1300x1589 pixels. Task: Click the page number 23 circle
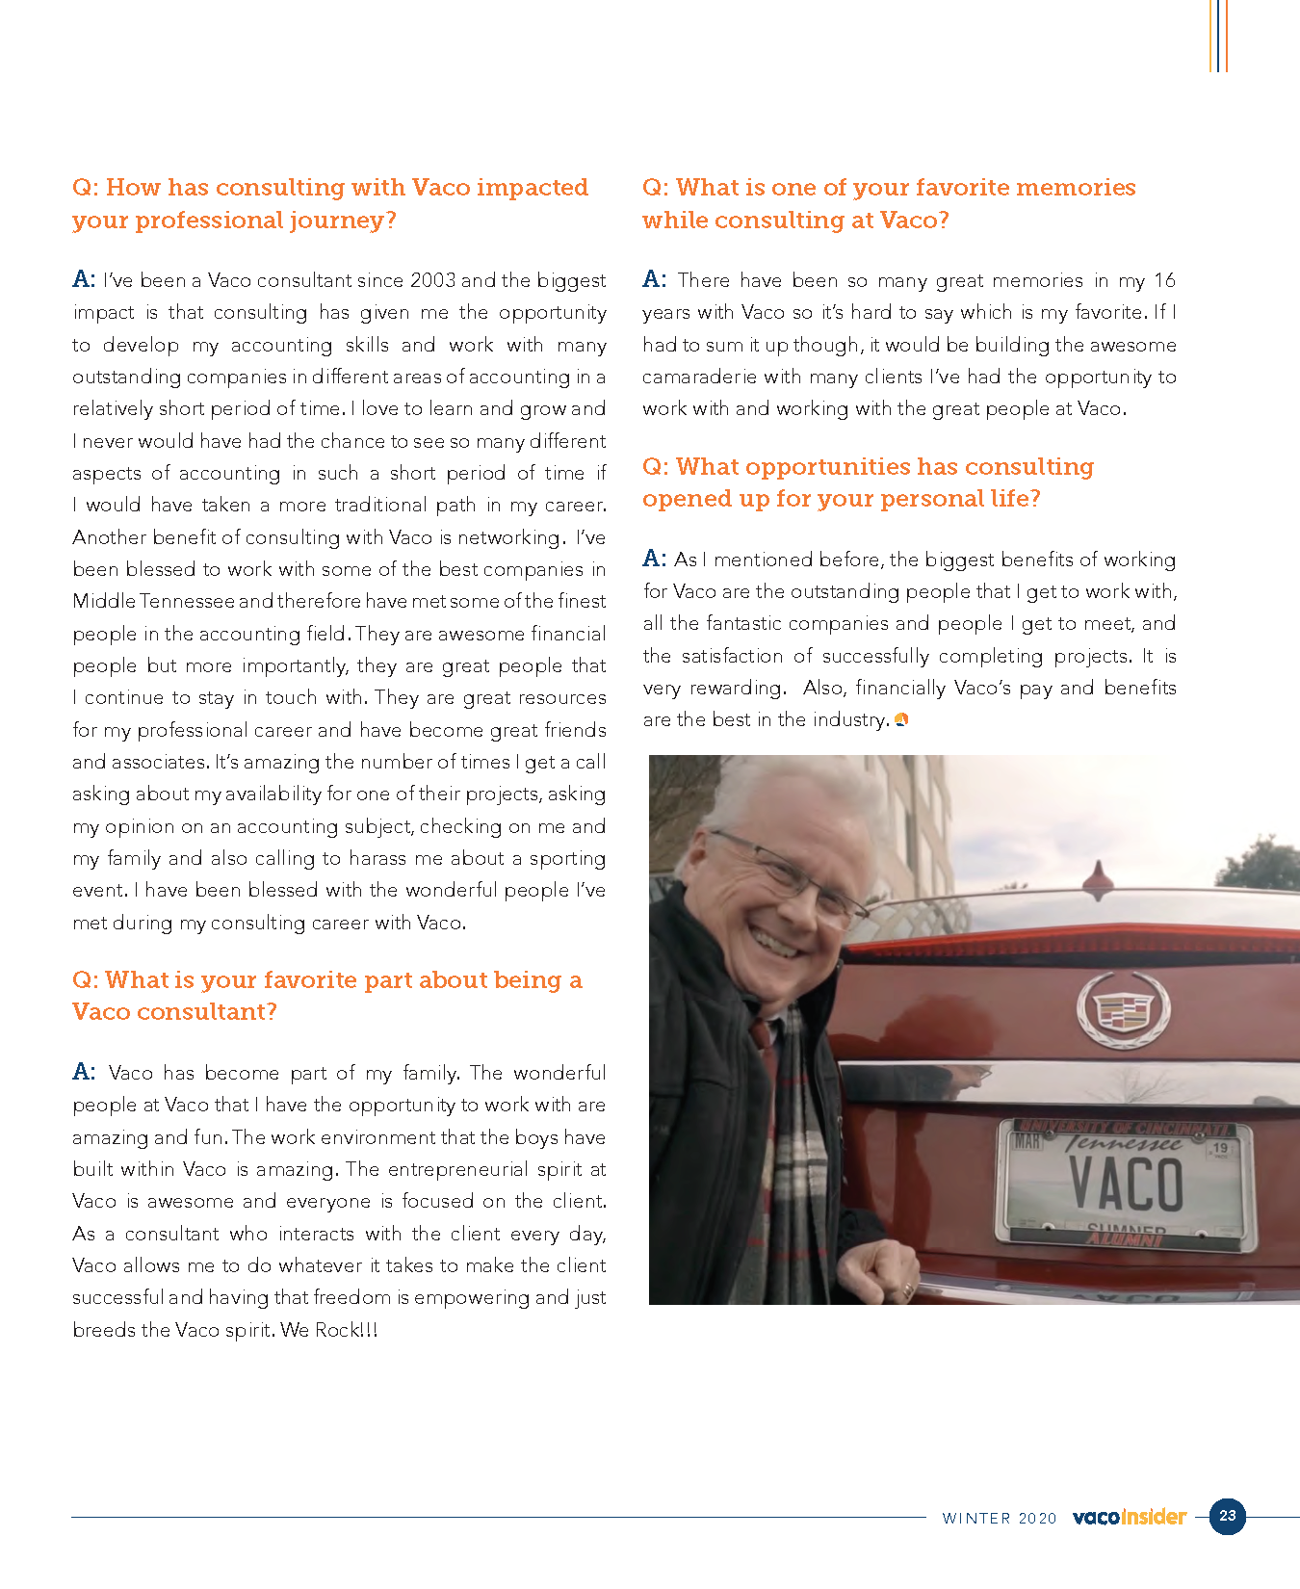coord(1227,1516)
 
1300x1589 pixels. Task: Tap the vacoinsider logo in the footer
coord(1129,1517)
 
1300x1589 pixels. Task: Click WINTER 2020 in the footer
coord(999,1518)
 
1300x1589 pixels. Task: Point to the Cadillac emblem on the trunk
coord(1122,1008)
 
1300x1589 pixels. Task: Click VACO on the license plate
coord(1126,1185)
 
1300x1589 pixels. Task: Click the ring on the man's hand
coord(906,1289)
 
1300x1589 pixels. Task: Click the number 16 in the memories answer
coord(1164,280)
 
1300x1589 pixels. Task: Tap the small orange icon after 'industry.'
coord(901,719)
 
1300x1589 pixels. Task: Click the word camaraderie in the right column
coord(699,377)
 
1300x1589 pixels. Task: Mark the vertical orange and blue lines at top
coord(1218,36)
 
